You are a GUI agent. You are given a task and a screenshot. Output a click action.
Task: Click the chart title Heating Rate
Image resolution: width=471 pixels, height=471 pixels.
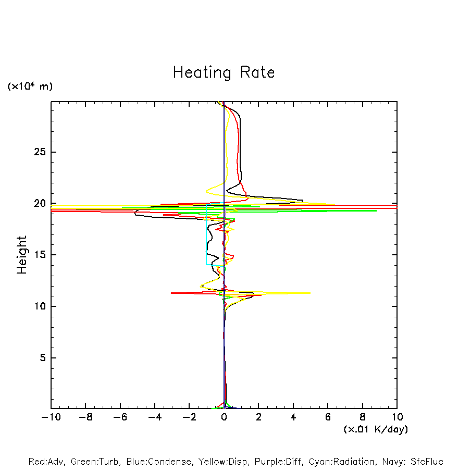[x=224, y=72]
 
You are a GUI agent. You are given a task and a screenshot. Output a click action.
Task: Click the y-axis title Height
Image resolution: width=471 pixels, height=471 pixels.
[x=22, y=255]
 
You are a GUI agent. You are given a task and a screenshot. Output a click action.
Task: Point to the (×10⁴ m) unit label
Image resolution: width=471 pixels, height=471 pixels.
[x=30, y=86]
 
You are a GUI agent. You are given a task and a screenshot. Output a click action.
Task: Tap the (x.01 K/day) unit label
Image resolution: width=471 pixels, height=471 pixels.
[x=376, y=429]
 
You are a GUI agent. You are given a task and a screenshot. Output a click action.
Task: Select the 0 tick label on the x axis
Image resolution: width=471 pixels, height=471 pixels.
[x=224, y=417]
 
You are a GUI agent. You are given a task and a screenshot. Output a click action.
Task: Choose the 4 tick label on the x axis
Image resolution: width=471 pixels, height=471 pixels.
[x=293, y=417]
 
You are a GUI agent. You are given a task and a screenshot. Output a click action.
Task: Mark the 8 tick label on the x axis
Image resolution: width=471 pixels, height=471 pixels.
[x=363, y=417]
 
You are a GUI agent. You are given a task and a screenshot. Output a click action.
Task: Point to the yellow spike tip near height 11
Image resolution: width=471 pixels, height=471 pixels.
[x=309, y=293]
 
